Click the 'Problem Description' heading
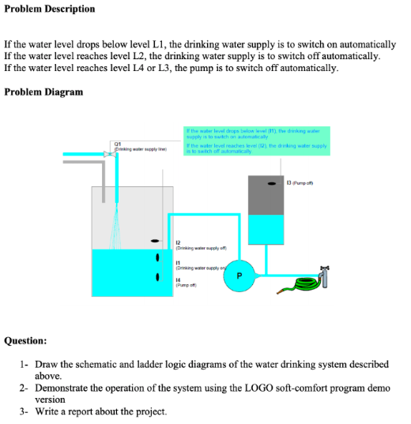50,9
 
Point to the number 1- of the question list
25,364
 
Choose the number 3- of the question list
25,411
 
